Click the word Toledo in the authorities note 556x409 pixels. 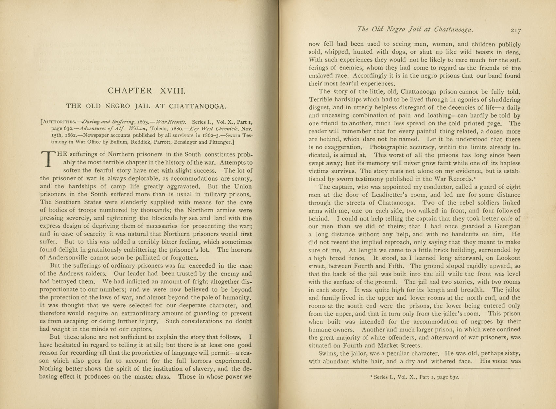[x=160, y=129]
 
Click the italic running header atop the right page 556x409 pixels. [x=415, y=29]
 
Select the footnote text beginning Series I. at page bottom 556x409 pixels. [x=415, y=377]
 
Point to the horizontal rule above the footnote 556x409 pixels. [x=415, y=369]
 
